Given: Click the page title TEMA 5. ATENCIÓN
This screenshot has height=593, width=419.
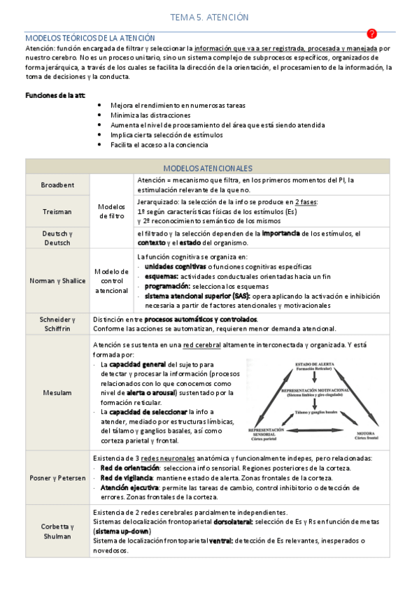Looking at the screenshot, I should click(x=209, y=17).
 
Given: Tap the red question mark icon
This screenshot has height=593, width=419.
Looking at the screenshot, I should click(x=371, y=34).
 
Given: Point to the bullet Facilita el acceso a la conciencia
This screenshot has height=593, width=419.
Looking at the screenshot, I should click(x=159, y=145).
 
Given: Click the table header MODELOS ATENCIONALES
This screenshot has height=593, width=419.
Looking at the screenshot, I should click(x=208, y=169).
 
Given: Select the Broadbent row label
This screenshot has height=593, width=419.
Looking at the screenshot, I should click(x=57, y=185).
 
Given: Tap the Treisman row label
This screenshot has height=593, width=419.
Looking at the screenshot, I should click(x=57, y=211).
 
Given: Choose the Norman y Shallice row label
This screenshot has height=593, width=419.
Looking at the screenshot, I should click(x=57, y=280).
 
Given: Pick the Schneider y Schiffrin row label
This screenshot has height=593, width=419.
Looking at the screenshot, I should click(x=57, y=323).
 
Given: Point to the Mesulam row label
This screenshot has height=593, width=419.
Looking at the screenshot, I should click(x=57, y=392).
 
